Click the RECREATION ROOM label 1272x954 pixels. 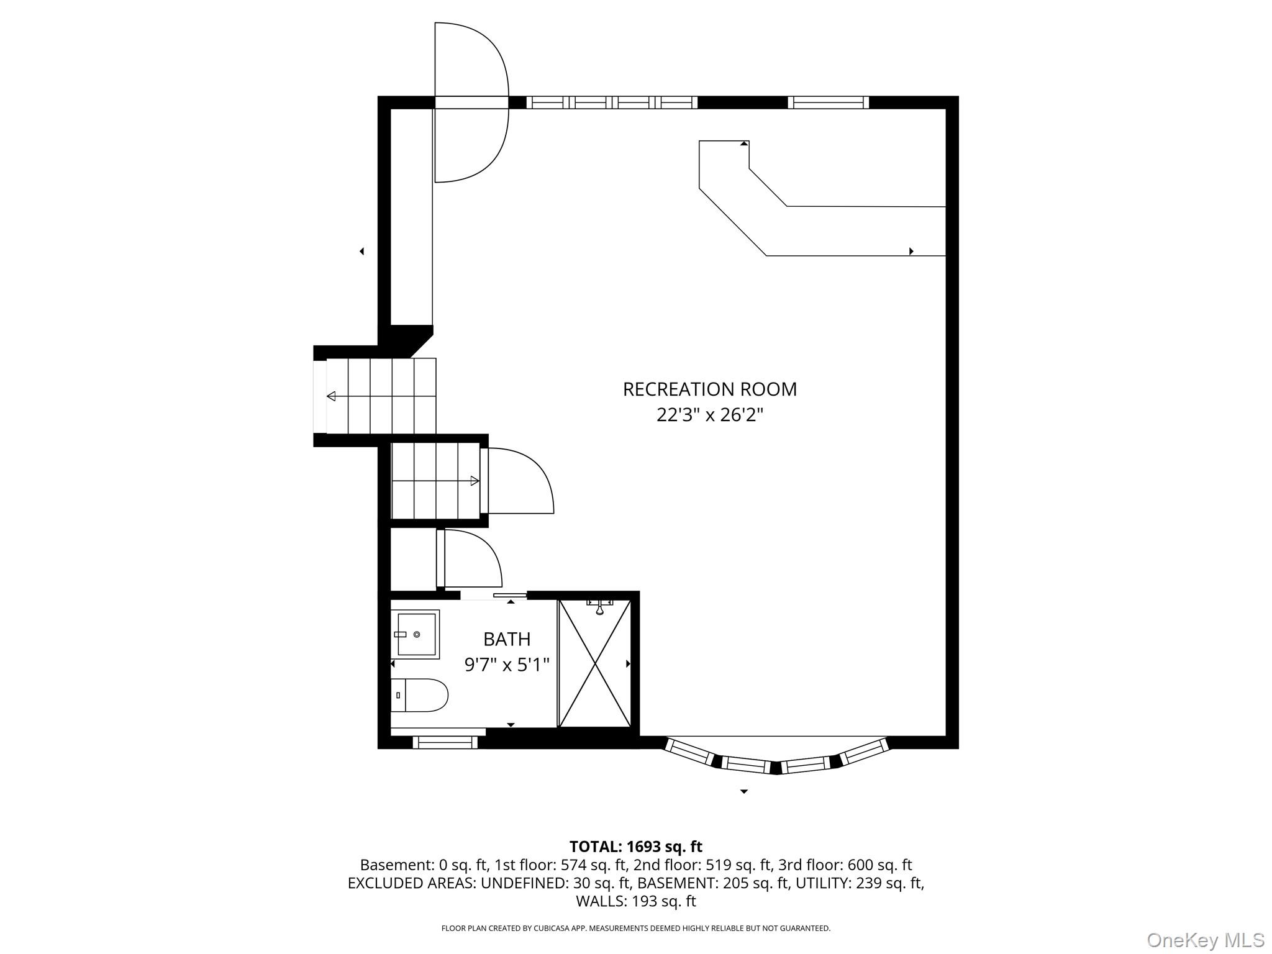(709, 389)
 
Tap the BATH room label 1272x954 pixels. (507, 639)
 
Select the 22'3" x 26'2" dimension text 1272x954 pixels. (709, 415)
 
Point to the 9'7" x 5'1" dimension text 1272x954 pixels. (507, 665)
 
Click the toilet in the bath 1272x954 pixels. (419, 695)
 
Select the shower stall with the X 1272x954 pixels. (595, 663)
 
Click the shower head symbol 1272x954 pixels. (599, 606)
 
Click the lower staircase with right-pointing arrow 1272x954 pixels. (435, 480)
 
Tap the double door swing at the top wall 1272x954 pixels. (471, 102)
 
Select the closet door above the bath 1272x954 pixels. (470, 558)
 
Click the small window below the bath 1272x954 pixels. (445, 742)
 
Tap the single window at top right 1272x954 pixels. (828, 102)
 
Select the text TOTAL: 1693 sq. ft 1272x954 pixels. (635, 847)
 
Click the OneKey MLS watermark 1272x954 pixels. (1206, 940)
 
